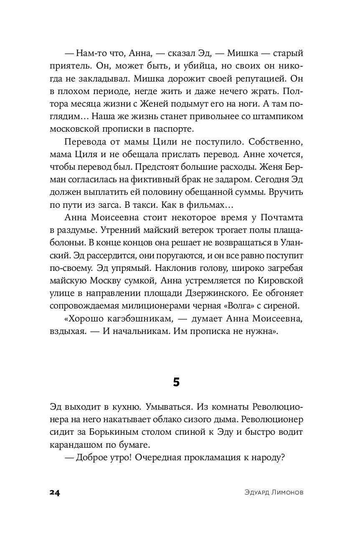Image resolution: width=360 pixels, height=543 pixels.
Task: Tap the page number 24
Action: pos(55,493)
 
